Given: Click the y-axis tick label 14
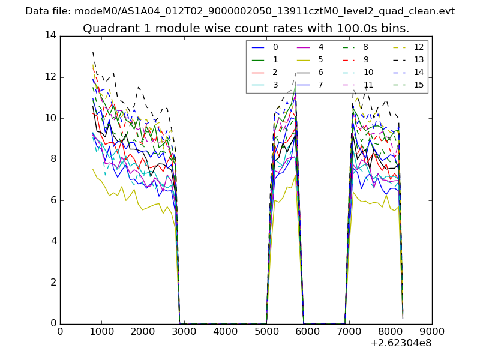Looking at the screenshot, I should pyautogui.click(x=50, y=36).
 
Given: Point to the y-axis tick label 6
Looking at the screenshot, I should pyautogui.click(x=53, y=200).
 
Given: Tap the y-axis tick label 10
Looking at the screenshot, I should pyautogui.click(x=50, y=118).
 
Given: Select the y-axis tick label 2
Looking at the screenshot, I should pyautogui.click(x=53, y=283).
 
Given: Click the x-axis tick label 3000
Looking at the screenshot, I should pyautogui.click(x=184, y=331).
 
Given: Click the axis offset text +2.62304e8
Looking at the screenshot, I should pyautogui.click(x=401, y=343).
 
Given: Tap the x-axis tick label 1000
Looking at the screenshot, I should pyautogui.click(x=101, y=331).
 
